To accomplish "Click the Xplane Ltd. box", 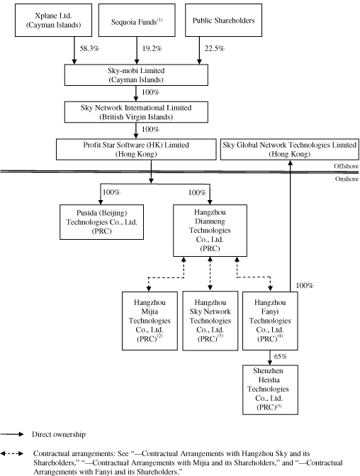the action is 53,21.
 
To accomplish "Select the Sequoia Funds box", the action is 137,21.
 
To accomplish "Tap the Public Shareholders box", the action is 223,21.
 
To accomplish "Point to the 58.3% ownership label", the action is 89,48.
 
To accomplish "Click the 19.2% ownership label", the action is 152,48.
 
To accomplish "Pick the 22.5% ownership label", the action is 215,48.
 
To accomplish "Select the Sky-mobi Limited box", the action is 136,75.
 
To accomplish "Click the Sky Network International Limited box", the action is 136,112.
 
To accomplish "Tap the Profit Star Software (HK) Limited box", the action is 136,150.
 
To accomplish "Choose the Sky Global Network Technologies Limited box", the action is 290,150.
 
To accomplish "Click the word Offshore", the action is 346,166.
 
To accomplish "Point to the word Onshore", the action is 347,179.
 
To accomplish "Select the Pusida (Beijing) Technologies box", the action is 101,222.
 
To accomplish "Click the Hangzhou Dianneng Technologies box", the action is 210,231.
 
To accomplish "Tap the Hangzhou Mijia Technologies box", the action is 150,321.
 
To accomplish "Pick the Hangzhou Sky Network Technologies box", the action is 210,321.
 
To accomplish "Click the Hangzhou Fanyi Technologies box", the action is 270,321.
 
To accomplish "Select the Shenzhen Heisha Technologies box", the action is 270,389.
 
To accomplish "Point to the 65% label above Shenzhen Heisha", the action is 280,357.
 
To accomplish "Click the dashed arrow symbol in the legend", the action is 12,454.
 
